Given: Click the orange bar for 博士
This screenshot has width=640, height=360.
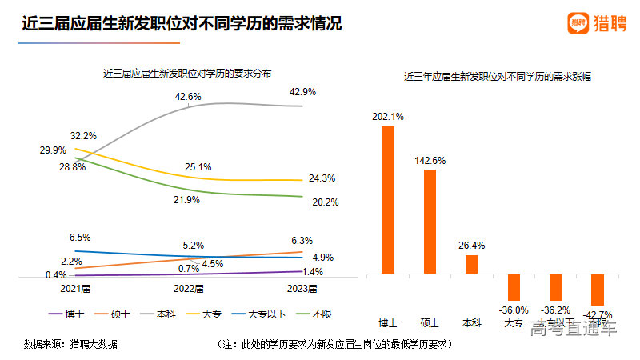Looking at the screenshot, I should click(x=387, y=200).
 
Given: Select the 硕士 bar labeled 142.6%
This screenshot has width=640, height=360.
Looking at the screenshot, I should click(x=430, y=222).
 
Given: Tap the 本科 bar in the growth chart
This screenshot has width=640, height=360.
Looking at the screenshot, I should click(x=471, y=264).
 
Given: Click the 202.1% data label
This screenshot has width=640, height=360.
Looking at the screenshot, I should click(x=387, y=117).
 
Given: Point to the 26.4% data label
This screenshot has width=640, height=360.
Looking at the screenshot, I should click(x=471, y=246).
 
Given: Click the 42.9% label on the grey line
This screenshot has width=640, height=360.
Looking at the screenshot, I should click(x=302, y=92).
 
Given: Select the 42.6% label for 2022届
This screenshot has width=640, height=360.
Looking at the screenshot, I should click(x=188, y=96).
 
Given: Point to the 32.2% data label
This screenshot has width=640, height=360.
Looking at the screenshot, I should click(x=83, y=135).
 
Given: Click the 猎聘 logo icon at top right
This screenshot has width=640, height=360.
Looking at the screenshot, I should click(x=578, y=24).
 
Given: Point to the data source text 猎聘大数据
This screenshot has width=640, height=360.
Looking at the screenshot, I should click(x=93, y=344).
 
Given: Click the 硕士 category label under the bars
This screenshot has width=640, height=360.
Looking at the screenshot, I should click(x=430, y=323).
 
